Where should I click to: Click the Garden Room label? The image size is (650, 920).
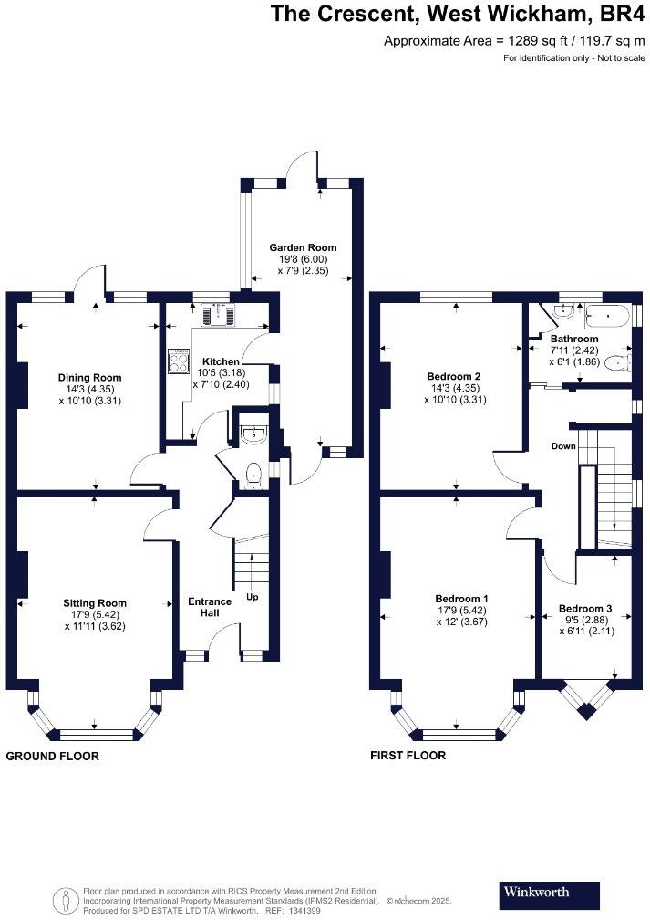pyautogui.click(x=303, y=247)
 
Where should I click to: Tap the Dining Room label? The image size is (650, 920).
pyautogui.click(x=89, y=378)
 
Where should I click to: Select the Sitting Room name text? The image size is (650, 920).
pyautogui.click(x=95, y=603)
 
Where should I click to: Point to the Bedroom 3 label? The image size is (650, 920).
pyautogui.click(x=585, y=609)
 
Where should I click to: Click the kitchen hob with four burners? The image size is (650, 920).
pyautogui.click(x=179, y=361)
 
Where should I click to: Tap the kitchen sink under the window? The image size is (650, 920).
pyautogui.click(x=218, y=316)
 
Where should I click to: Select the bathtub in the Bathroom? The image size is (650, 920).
pyautogui.click(x=606, y=317)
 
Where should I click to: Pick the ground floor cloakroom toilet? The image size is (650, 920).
pyautogui.click(x=253, y=475)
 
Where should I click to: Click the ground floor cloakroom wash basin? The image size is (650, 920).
pyautogui.click(x=253, y=433)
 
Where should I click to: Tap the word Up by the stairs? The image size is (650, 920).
pyautogui.click(x=252, y=597)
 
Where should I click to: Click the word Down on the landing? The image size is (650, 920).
pyautogui.click(x=563, y=446)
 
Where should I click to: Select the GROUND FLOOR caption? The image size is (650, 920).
pyautogui.click(x=53, y=757)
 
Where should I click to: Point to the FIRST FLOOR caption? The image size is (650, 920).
pyautogui.click(x=408, y=756)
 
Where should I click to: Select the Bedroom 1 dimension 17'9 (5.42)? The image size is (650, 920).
pyautogui.click(x=462, y=611)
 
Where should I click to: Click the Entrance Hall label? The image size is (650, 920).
pyautogui.click(x=210, y=607)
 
